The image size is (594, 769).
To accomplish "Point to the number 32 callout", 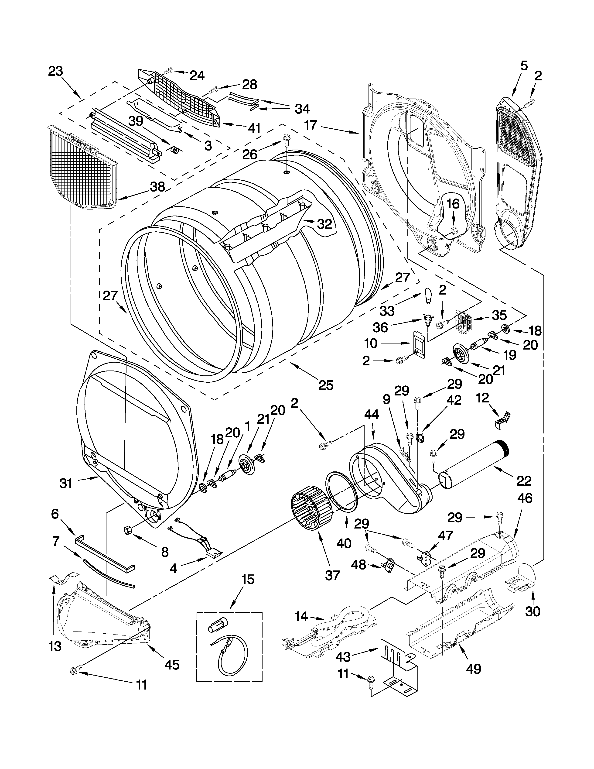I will pyautogui.click(x=324, y=224).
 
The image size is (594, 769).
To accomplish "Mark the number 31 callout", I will pyautogui.click(x=66, y=484).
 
